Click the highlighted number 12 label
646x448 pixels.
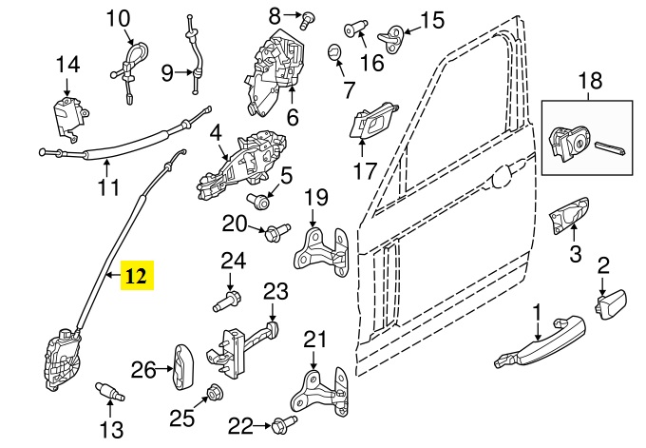[137, 276]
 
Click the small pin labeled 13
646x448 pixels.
[110, 391]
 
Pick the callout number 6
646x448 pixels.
[292, 118]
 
